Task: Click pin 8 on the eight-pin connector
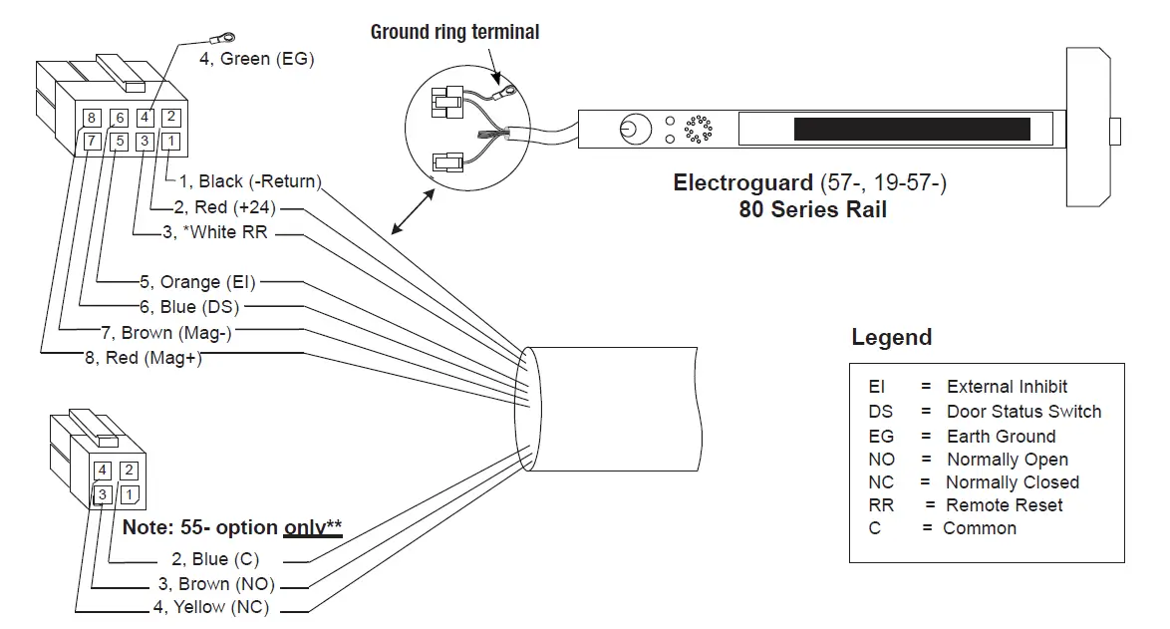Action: pos(92,118)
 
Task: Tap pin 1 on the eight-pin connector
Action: pos(170,142)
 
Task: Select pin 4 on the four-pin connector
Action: pos(102,471)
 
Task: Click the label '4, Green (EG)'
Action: pos(256,59)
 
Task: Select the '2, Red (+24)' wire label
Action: pos(224,207)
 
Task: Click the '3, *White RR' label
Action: pos(214,233)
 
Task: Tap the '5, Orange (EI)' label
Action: pos(196,282)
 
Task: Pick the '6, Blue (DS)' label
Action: pos(190,307)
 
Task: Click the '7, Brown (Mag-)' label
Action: pos(173,333)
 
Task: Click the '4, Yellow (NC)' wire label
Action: pos(210,607)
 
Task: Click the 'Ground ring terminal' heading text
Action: pos(454,32)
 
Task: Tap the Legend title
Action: pos(891,337)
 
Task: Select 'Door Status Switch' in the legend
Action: pos(1024,411)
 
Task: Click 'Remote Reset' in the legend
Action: pos(1004,505)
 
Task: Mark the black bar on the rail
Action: pos(911,130)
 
